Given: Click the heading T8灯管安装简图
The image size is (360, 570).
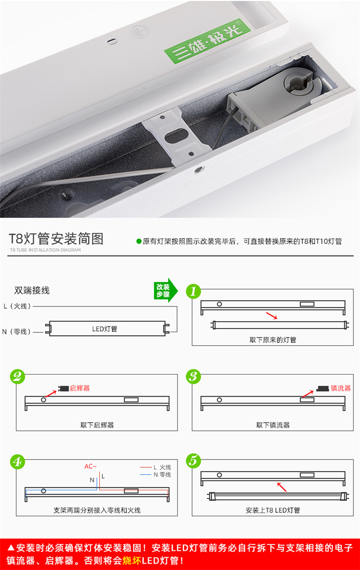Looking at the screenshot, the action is [x=56, y=239].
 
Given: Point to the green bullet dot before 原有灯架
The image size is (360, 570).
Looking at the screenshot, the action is [x=139, y=242].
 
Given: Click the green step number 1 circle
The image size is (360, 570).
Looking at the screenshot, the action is [x=193, y=291].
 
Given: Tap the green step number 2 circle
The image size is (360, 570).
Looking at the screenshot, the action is [x=17, y=376].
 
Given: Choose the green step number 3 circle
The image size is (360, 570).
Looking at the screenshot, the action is [x=193, y=376].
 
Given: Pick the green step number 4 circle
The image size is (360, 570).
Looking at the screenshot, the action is [x=17, y=461].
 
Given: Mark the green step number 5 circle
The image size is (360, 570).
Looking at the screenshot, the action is [x=193, y=461].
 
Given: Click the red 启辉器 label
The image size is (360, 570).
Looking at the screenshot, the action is [x=80, y=388].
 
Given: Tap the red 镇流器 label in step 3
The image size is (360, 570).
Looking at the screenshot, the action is [x=341, y=388].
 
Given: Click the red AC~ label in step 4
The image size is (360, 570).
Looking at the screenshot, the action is [x=90, y=466].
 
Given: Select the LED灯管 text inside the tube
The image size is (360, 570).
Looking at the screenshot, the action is [x=105, y=329].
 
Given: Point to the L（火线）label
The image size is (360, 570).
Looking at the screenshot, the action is [x=17, y=306].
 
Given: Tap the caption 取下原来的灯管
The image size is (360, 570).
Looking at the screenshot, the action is [x=273, y=340].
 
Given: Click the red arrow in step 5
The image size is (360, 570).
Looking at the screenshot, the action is [x=282, y=487].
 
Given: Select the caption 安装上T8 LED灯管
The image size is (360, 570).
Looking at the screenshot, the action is [x=273, y=510].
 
